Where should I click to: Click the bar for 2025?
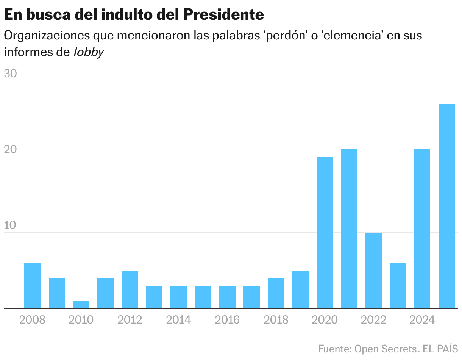tap(446, 206)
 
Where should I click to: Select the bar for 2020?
tap(325, 233)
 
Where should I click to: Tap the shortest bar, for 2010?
tap(81, 305)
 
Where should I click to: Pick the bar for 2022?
tap(373, 271)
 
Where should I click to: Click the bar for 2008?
tap(32, 286)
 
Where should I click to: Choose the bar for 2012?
tap(130, 290)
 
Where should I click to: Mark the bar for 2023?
tap(398, 286)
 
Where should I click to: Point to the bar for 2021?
tap(349, 229)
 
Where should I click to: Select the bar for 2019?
tap(300, 290)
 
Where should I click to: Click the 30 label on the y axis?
tap(11, 74)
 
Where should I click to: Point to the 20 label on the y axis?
tap(11, 150)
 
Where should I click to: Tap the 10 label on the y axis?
tap(11, 225)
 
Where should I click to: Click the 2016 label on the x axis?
tap(227, 320)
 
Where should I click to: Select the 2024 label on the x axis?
tap(422, 320)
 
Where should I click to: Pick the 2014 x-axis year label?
tap(178, 320)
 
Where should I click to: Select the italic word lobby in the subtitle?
tap(88, 52)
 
